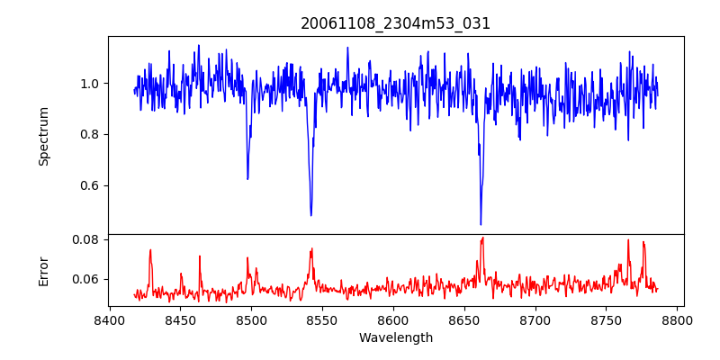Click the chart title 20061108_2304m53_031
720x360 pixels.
coord(395,23)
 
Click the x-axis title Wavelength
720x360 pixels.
coord(395,338)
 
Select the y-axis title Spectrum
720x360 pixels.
coord(44,136)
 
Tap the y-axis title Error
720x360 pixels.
coord(44,271)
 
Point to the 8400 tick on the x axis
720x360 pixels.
coord(109,320)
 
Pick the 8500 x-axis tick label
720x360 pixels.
coord(251,320)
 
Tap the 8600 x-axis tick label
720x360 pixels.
coord(393,320)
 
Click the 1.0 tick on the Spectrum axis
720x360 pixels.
coord(91,84)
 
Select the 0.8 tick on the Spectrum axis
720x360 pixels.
coord(91,135)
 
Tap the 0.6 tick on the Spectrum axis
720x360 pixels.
coord(91,186)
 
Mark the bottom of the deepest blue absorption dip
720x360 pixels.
coord(481,224)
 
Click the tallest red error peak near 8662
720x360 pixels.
coord(482,238)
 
